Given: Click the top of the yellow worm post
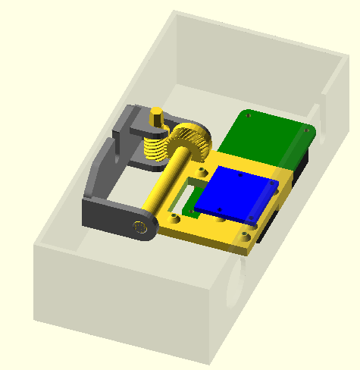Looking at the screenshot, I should pyautogui.click(x=156, y=115).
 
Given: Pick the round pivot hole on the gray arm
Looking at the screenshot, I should pyautogui.click(x=139, y=226).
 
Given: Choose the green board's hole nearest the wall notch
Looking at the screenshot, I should pyautogui.click(x=306, y=130).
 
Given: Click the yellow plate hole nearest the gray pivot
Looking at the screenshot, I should pyautogui.click(x=176, y=218).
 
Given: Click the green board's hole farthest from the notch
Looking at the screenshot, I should pyautogui.click(x=247, y=116).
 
